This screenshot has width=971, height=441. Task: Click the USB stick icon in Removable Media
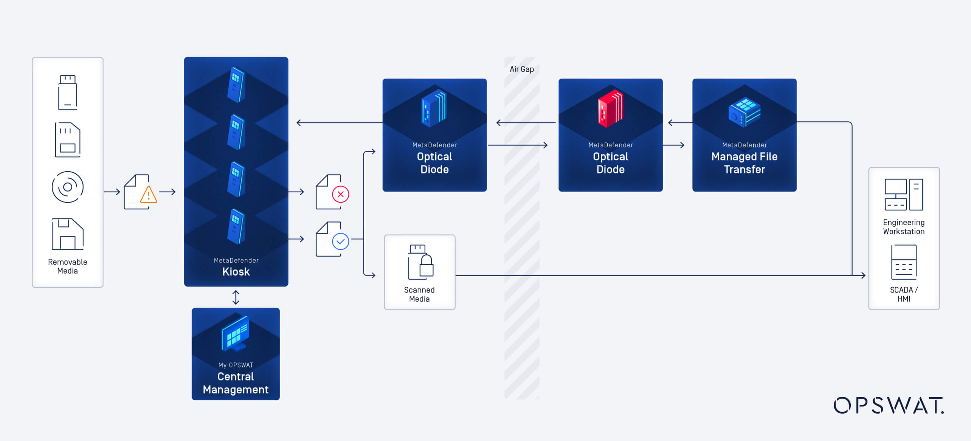[x=68, y=93]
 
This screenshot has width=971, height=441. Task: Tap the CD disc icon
[x=68, y=187]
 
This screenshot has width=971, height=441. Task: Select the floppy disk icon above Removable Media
[x=68, y=234]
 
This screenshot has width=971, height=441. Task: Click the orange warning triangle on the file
[x=149, y=195]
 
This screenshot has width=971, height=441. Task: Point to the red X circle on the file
[x=340, y=194]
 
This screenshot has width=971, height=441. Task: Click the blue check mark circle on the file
[x=340, y=241]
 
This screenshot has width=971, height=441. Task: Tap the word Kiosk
[x=236, y=272]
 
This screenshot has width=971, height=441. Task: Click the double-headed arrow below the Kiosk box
[x=236, y=297]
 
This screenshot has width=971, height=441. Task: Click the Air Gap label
[x=521, y=69]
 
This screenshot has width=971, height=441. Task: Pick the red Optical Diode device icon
[x=610, y=108]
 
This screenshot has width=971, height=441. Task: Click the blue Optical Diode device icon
[x=434, y=108]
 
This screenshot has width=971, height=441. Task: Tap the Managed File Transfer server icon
[x=744, y=113]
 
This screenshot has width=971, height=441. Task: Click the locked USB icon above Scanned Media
[x=420, y=262]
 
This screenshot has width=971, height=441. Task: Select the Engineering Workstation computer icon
[x=903, y=195]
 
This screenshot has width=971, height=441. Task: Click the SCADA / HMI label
[x=903, y=294]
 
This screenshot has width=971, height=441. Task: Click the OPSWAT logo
[x=888, y=406]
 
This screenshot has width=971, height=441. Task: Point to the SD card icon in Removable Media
[x=68, y=140]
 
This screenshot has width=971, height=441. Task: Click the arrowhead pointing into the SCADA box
[x=863, y=275]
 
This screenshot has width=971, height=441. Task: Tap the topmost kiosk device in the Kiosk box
[x=236, y=85]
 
